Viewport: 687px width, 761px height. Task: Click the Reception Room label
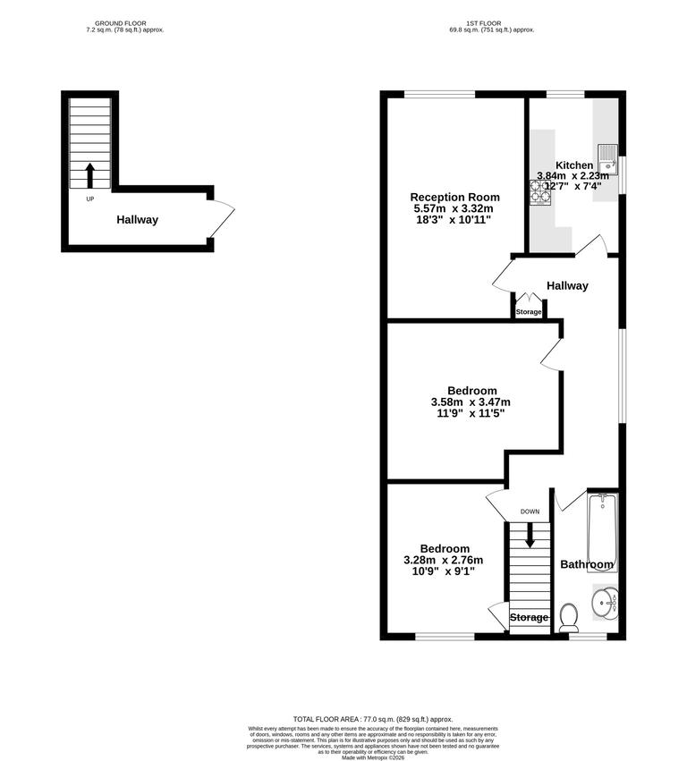point(454,197)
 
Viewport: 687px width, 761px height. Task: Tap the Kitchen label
point(573,165)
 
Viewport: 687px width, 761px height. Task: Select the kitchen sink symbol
point(607,158)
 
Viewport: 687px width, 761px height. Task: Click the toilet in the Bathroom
point(569,616)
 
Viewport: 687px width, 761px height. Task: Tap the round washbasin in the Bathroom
point(606,603)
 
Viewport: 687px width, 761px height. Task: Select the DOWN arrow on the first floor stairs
point(530,536)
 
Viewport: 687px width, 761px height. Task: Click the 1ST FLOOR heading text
point(492,23)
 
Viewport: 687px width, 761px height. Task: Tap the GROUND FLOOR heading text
point(119,23)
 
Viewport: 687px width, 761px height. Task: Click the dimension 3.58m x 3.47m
point(471,402)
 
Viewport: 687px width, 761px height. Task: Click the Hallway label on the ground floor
point(137,219)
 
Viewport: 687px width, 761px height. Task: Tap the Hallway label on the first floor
point(567,286)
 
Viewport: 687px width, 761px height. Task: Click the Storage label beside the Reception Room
point(528,312)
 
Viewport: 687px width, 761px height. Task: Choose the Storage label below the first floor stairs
point(529,618)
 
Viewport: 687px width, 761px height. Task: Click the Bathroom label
point(587,564)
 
